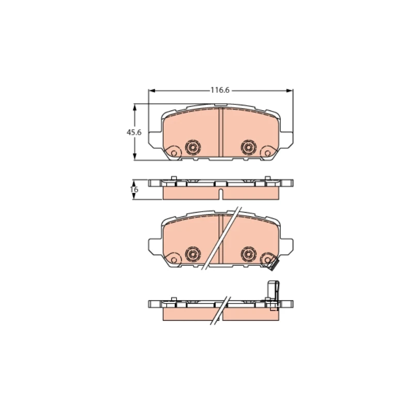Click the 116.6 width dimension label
pos(220,90)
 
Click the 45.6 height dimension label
pos(134,132)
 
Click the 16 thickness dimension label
pos(134,189)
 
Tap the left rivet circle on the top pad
pos(193,147)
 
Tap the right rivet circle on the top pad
pos(248,147)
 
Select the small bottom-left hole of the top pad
pos(173,153)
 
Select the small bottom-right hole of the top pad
pos(267,153)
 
